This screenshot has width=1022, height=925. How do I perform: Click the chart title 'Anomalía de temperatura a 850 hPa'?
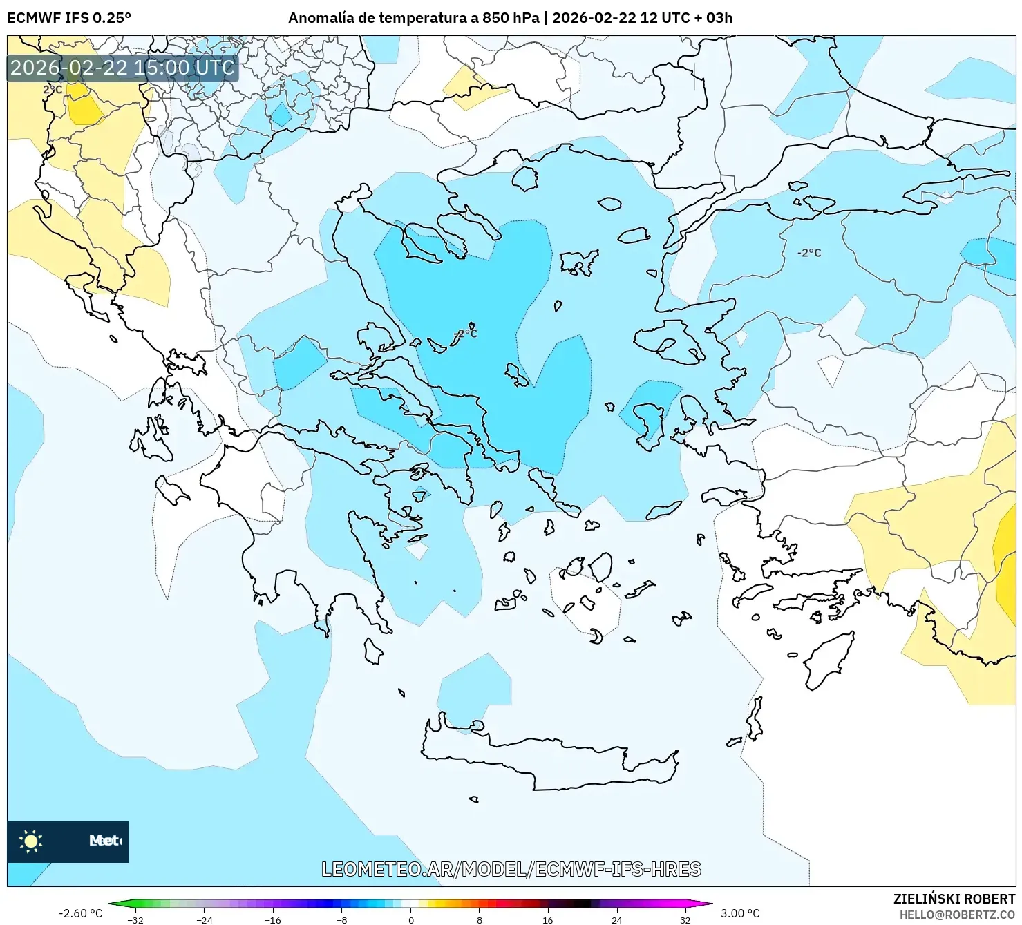(x=413, y=18)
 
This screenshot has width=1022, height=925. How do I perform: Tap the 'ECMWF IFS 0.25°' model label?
(x=69, y=18)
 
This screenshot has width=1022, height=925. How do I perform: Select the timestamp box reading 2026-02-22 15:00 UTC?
(x=122, y=68)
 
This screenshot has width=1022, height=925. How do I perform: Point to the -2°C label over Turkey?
(x=809, y=253)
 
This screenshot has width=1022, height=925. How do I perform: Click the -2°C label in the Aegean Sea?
(x=466, y=334)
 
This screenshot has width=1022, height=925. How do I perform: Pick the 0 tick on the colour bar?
(x=411, y=919)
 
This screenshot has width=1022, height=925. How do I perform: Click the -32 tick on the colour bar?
(x=136, y=919)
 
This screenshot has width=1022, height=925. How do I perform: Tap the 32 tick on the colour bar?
(x=685, y=919)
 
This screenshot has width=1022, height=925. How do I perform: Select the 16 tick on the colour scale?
(x=548, y=919)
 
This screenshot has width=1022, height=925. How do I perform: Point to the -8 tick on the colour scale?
(x=342, y=919)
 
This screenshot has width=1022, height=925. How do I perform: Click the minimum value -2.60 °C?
(x=81, y=913)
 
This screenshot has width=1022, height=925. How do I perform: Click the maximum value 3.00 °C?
(x=740, y=913)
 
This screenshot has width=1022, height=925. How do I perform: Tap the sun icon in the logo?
(x=31, y=841)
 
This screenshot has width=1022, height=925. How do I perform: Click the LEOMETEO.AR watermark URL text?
(x=511, y=869)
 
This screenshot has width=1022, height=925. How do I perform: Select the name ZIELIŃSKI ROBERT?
(x=954, y=899)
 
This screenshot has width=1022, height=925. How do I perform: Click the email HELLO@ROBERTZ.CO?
(x=957, y=914)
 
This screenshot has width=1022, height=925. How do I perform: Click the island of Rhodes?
(x=828, y=660)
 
